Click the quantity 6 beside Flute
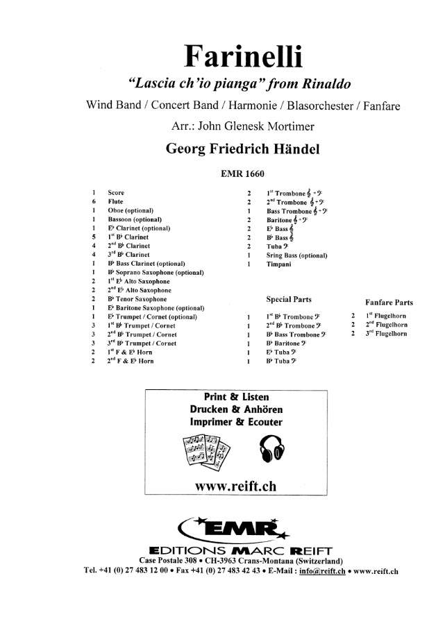tap(92, 200)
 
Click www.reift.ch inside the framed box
tap(236, 487)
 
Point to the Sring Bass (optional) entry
tap(296, 255)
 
